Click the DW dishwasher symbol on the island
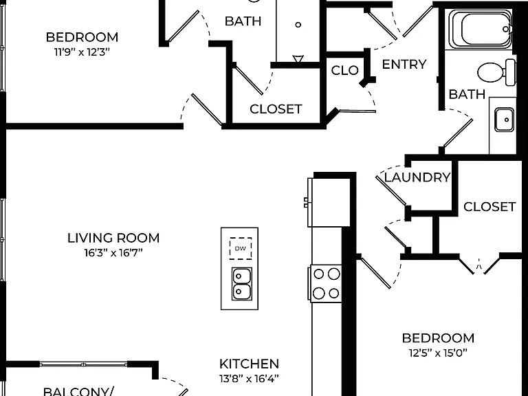click(241, 248)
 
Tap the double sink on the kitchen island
click(241, 284)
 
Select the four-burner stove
click(326, 283)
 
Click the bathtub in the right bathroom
click(480, 30)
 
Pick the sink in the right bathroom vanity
click(504, 120)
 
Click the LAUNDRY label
click(417, 177)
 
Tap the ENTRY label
click(404, 64)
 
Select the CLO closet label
click(345, 70)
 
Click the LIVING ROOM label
click(113, 238)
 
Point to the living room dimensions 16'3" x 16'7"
click(113, 252)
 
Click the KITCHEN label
click(249, 364)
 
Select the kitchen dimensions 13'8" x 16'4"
click(249, 379)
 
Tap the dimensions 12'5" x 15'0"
click(438, 353)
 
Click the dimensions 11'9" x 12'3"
click(82, 52)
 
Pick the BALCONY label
click(78, 392)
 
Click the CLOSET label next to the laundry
click(489, 207)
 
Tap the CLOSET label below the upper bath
click(276, 109)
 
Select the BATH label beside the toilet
click(467, 94)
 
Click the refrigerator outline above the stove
click(329, 202)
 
